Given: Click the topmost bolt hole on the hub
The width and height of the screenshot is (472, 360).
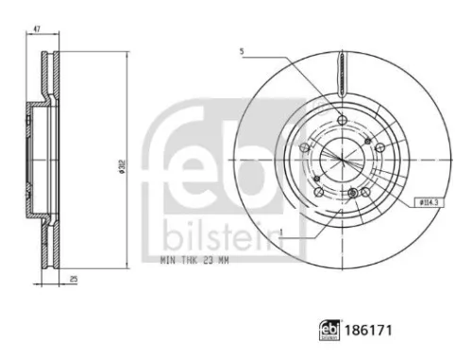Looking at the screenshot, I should (339, 119).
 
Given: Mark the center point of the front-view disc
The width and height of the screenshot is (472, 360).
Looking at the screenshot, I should (339, 157).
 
